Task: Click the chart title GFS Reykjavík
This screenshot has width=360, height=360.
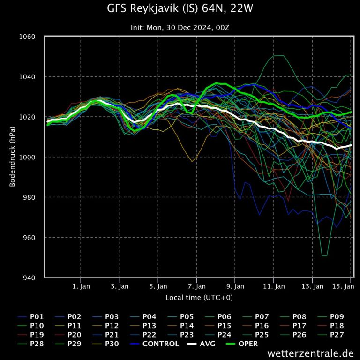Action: tap(180, 8)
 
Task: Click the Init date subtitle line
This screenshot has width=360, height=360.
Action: tap(180, 27)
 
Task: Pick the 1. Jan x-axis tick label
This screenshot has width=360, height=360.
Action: tap(81, 286)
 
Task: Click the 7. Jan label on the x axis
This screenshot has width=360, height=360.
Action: tap(197, 286)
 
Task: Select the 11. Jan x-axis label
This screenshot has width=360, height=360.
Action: tap(274, 286)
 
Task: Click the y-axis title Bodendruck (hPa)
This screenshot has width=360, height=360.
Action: tap(13, 157)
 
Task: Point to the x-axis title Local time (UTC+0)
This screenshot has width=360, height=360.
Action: tap(199, 298)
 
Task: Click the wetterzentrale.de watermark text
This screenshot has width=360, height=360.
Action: tap(310, 353)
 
